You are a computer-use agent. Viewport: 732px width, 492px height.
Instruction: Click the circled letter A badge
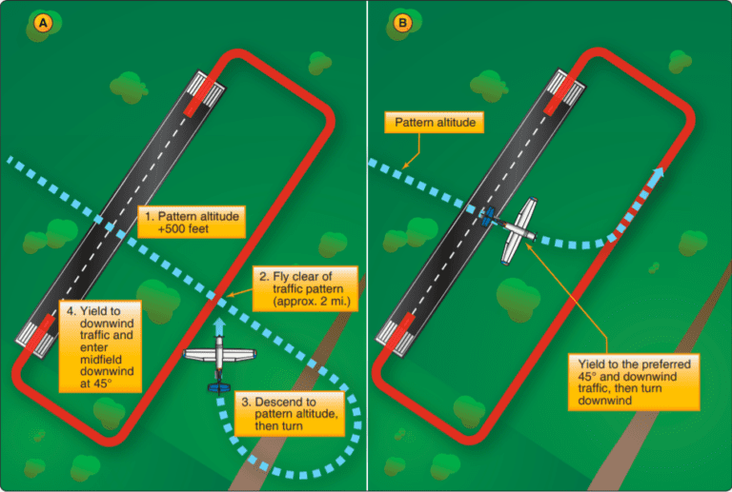pos(42,22)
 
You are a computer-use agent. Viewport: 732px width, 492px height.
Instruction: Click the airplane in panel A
pos(220,360)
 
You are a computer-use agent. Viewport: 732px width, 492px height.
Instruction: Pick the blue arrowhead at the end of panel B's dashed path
pos(659,172)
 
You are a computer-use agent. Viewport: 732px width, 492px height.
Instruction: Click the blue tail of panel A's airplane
pos(220,386)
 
